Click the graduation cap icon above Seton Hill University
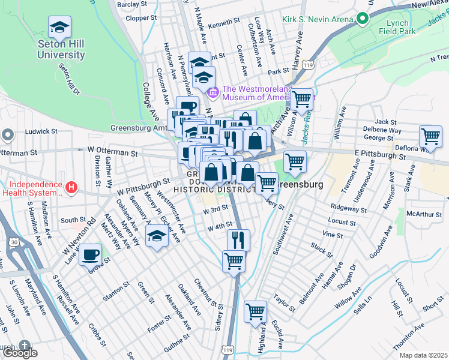(60, 27)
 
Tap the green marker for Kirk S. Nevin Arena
(362, 19)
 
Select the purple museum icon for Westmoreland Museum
(213, 93)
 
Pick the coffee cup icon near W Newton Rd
(91, 254)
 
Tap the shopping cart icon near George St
(430, 137)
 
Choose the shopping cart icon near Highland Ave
(255, 312)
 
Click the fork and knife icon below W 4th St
(238, 240)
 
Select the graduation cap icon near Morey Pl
(157, 236)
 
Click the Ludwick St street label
(41, 131)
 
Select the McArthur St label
(424, 214)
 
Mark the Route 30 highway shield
(13, 242)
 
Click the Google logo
(19, 353)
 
